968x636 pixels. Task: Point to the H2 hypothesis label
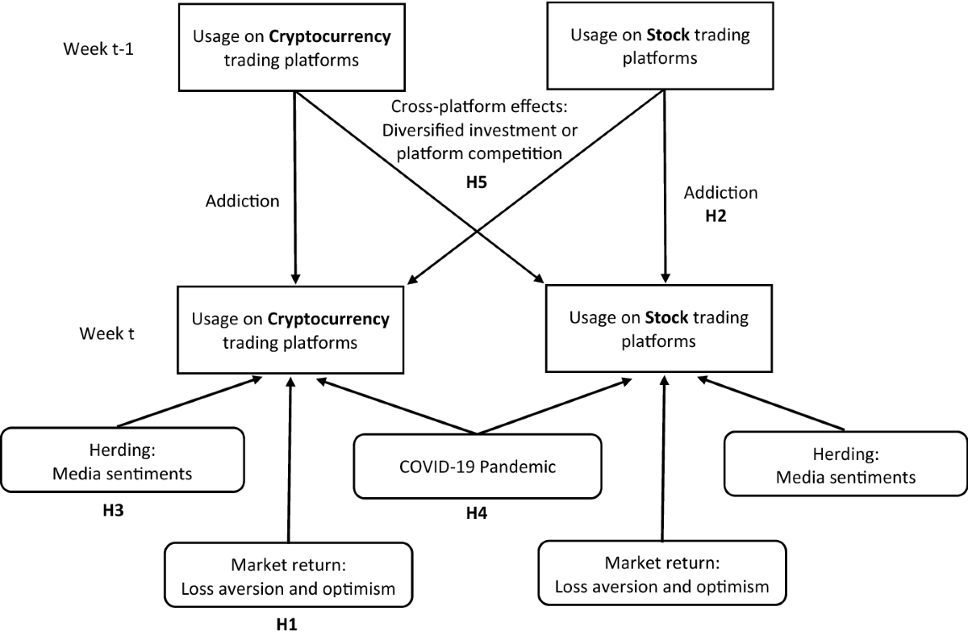tap(720, 217)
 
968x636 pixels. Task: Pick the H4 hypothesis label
tap(477, 512)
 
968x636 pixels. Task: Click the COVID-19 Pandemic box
tap(477, 467)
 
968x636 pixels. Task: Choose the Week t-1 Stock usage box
tap(660, 45)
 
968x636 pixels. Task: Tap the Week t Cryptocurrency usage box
tap(290, 330)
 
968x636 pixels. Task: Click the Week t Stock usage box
tap(660, 328)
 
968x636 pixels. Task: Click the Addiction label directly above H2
tap(720, 194)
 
